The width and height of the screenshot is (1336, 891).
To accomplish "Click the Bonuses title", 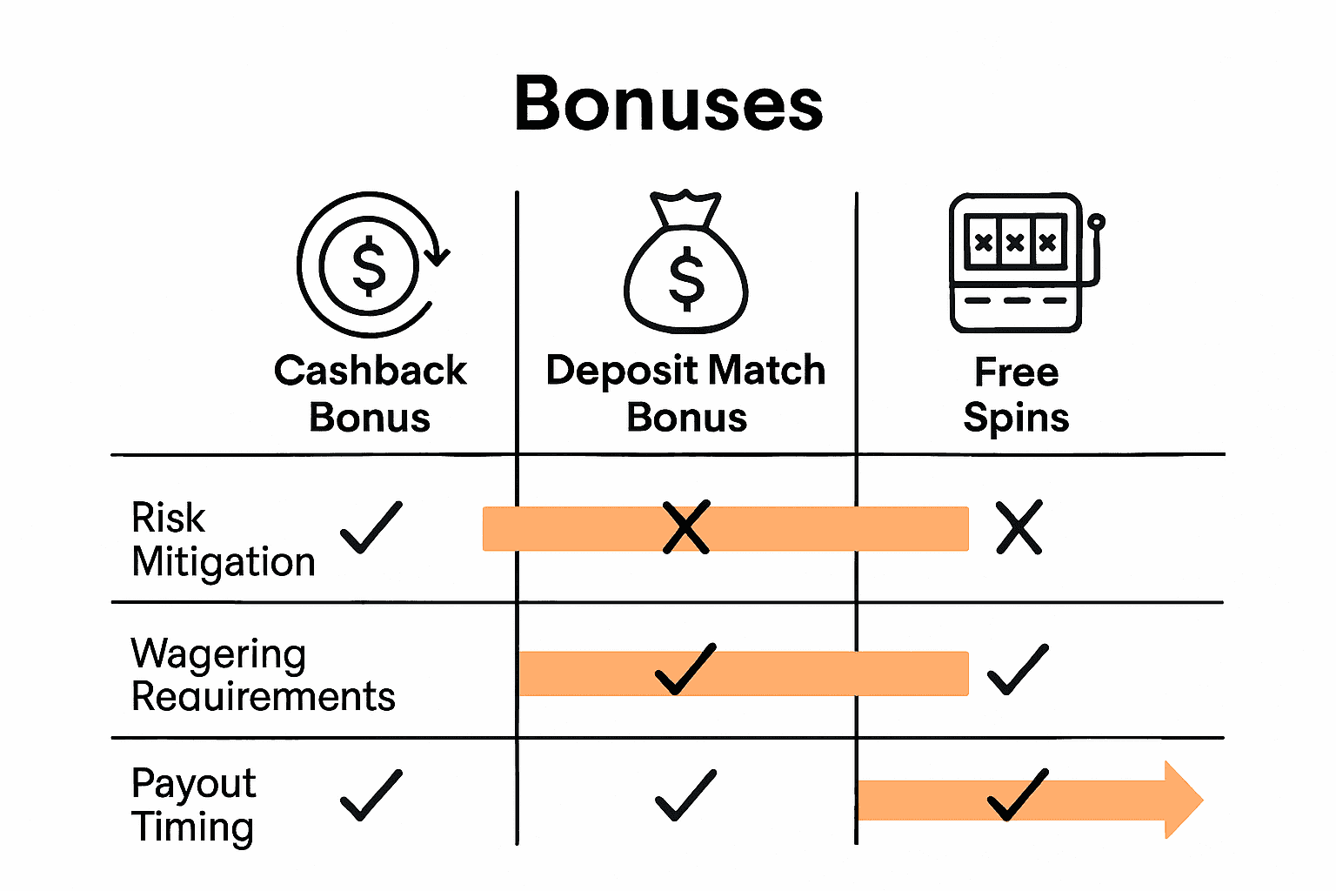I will coord(668,104).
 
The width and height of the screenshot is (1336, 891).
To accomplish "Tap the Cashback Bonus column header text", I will coord(371,393).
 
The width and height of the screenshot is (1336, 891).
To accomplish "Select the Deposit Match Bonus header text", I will coord(686,393).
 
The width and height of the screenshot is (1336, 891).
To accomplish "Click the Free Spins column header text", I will coord(1016,394).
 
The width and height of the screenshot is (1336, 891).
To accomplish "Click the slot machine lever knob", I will coord(1097,222).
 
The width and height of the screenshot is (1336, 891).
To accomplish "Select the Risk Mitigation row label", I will coord(223,539).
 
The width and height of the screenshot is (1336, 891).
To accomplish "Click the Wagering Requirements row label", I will coord(263,675).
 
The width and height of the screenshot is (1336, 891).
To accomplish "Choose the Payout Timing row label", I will coord(193,805).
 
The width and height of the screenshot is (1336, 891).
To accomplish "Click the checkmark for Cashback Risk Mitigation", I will coord(371,527).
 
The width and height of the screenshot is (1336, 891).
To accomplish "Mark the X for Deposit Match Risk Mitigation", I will coord(686,527).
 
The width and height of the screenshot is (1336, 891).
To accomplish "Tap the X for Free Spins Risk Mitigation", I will coord(1019,527).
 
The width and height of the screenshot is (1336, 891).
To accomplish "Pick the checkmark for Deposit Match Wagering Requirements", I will coord(685,669).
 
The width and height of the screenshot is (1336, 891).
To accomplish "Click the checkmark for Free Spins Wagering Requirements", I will coord(1019,669).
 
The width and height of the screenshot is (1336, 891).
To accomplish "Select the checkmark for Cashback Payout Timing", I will coord(371,795).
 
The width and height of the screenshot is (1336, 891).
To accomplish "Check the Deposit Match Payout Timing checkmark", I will coord(685,795).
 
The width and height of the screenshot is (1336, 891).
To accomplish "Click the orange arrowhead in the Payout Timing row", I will coord(1183,800).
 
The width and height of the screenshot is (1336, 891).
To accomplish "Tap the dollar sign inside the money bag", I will coord(686,278).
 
